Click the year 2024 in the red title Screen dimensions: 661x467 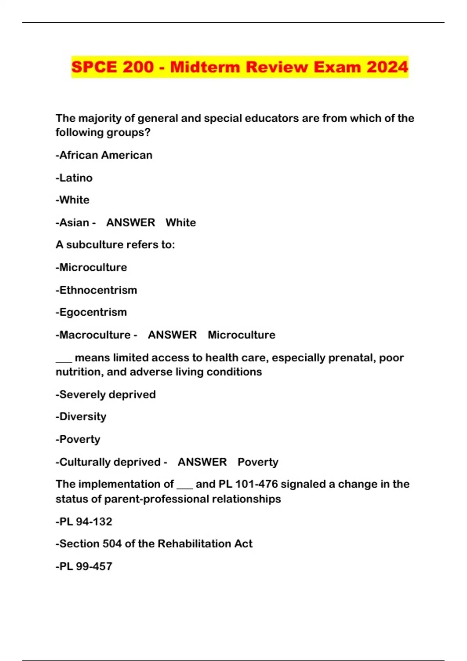click(x=387, y=67)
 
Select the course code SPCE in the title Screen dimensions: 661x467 click(x=94, y=67)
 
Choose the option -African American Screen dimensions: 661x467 click(x=104, y=155)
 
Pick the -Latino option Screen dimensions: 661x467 click(x=74, y=178)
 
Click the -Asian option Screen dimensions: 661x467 click(x=72, y=222)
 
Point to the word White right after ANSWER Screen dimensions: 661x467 click(x=181, y=222)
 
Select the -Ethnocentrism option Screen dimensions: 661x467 click(x=96, y=290)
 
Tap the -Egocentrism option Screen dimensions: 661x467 click(x=91, y=312)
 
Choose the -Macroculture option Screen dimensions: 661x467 click(x=93, y=335)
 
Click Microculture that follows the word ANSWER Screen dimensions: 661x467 click(x=241, y=335)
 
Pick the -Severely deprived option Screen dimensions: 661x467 click(x=105, y=394)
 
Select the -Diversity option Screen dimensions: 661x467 click(x=81, y=416)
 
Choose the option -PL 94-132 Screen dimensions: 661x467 click(x=84, y=521)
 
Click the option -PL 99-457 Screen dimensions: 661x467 click(x=84, y=566)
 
